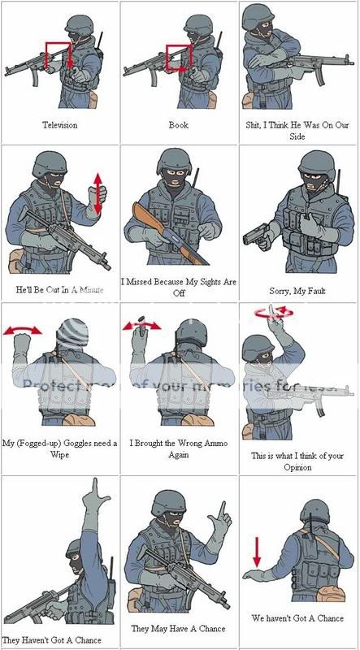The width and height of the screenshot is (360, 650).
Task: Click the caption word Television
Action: point(60,125)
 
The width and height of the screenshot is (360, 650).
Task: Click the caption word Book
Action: point(179,125)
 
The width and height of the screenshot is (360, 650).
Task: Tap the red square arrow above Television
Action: point(59,54)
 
